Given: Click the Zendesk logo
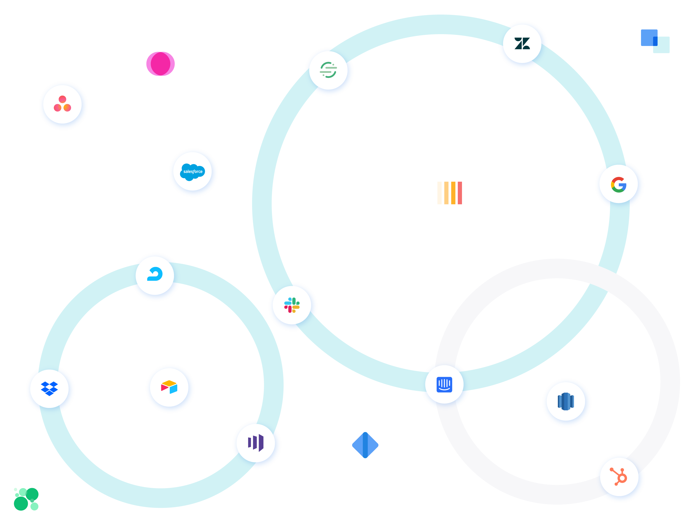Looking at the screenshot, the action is pos(522,43).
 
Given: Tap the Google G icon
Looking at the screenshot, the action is pos(619,184).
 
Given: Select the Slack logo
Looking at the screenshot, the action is pos(292,305).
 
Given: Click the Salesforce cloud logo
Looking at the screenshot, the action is pos(193,172).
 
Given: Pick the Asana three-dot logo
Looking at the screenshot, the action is pos(62,104).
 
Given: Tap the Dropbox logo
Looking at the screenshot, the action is pos(49,388).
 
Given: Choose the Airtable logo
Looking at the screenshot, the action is pos(169,387).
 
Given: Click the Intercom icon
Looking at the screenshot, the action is pos(444,385).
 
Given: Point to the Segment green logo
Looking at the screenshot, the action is pos(328,70).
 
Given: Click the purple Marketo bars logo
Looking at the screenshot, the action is pos(256,443).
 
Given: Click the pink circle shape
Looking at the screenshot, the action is pos(160,64).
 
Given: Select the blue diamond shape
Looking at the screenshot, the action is pos(365,445).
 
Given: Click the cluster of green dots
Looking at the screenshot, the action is pos(26,499).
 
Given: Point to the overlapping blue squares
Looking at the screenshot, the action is pos(655,41).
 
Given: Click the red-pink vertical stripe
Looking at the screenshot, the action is pos(460,193).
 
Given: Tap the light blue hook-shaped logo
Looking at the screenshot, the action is pos(155,274).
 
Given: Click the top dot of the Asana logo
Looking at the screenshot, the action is pos(62,99).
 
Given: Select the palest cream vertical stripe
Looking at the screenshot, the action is pos(439,193).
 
